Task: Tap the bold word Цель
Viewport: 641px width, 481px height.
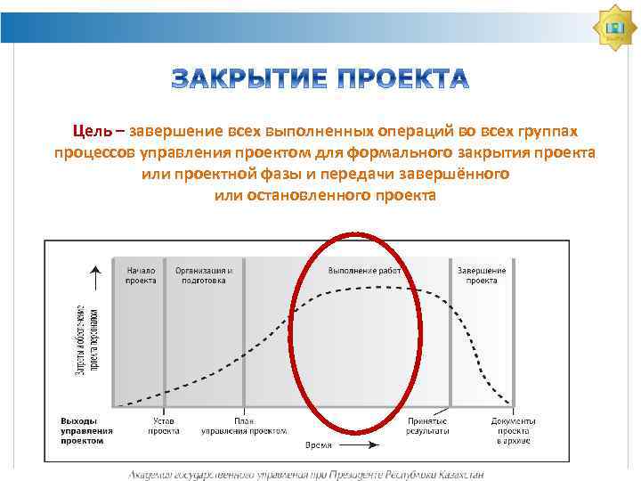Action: tap(93, 131)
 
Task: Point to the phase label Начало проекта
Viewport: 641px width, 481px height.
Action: tap(141, 274)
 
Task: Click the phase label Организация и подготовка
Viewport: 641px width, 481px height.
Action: tap(204, 274)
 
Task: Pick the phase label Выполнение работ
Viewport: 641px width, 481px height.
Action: tap(364, 270)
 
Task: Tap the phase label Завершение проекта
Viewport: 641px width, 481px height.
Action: tap(482, 274)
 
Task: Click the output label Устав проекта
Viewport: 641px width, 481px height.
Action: tap(164, 425)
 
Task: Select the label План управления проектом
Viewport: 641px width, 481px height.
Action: tap(244, 425)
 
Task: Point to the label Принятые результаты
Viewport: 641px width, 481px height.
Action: tap(427, 425)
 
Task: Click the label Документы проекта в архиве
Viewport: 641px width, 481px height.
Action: tap(513, 429)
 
